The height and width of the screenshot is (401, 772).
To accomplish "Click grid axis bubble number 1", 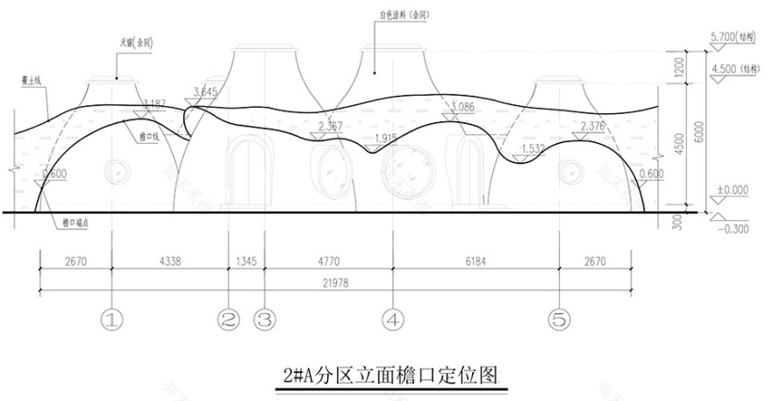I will point(111,319).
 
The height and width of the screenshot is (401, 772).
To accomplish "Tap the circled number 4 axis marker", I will point(392,319).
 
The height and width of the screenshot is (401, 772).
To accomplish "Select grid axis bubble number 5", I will point(559,319).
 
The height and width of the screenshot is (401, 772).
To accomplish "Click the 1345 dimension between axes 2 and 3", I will point(246,261).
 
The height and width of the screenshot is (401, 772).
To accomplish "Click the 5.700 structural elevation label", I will point(726,38).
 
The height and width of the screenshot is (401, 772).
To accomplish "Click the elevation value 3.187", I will point(153,104).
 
